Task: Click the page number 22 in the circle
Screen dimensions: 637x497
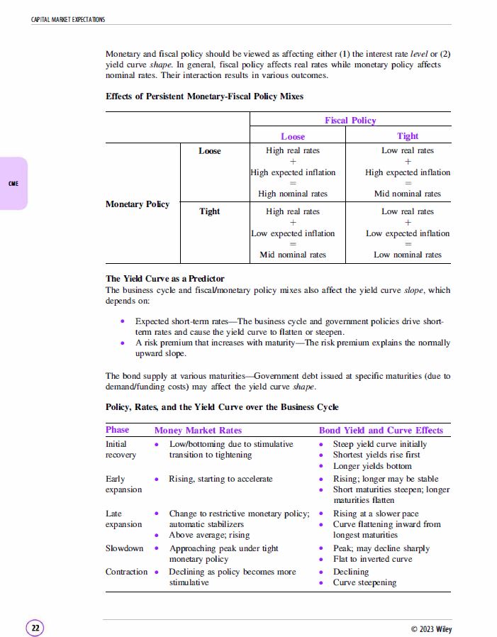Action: click(35, 628)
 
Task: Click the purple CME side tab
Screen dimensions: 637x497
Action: click(13, 184)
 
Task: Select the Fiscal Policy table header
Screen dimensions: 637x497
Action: click(350, 121)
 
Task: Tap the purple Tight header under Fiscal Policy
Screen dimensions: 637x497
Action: click(408, 136)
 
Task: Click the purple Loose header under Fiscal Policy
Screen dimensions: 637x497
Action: click(293, 136)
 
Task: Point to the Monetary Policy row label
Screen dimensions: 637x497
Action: click(138, 204)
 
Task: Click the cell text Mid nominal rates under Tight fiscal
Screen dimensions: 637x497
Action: click(408, 194)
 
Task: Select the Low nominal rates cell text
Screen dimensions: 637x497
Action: click(408, 255)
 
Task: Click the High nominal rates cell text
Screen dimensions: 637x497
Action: click(293, 194)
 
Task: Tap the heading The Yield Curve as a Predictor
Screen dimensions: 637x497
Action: click(164, 279)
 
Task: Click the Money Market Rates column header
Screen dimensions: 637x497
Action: click(198, 430)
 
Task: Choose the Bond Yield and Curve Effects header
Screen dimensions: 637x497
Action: click(381, 430)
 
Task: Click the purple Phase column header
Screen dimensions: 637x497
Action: click(118, 430)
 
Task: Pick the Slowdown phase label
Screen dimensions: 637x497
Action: click(124, 548)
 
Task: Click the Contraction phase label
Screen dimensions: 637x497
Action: click(127, 572)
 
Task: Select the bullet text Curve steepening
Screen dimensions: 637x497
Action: click(364, 582)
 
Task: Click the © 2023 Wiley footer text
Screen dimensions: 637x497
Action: click(431, 629)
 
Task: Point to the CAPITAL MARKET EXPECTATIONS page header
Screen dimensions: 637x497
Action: click(68, 19)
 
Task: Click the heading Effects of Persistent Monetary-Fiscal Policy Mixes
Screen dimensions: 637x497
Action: click(204, 96)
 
